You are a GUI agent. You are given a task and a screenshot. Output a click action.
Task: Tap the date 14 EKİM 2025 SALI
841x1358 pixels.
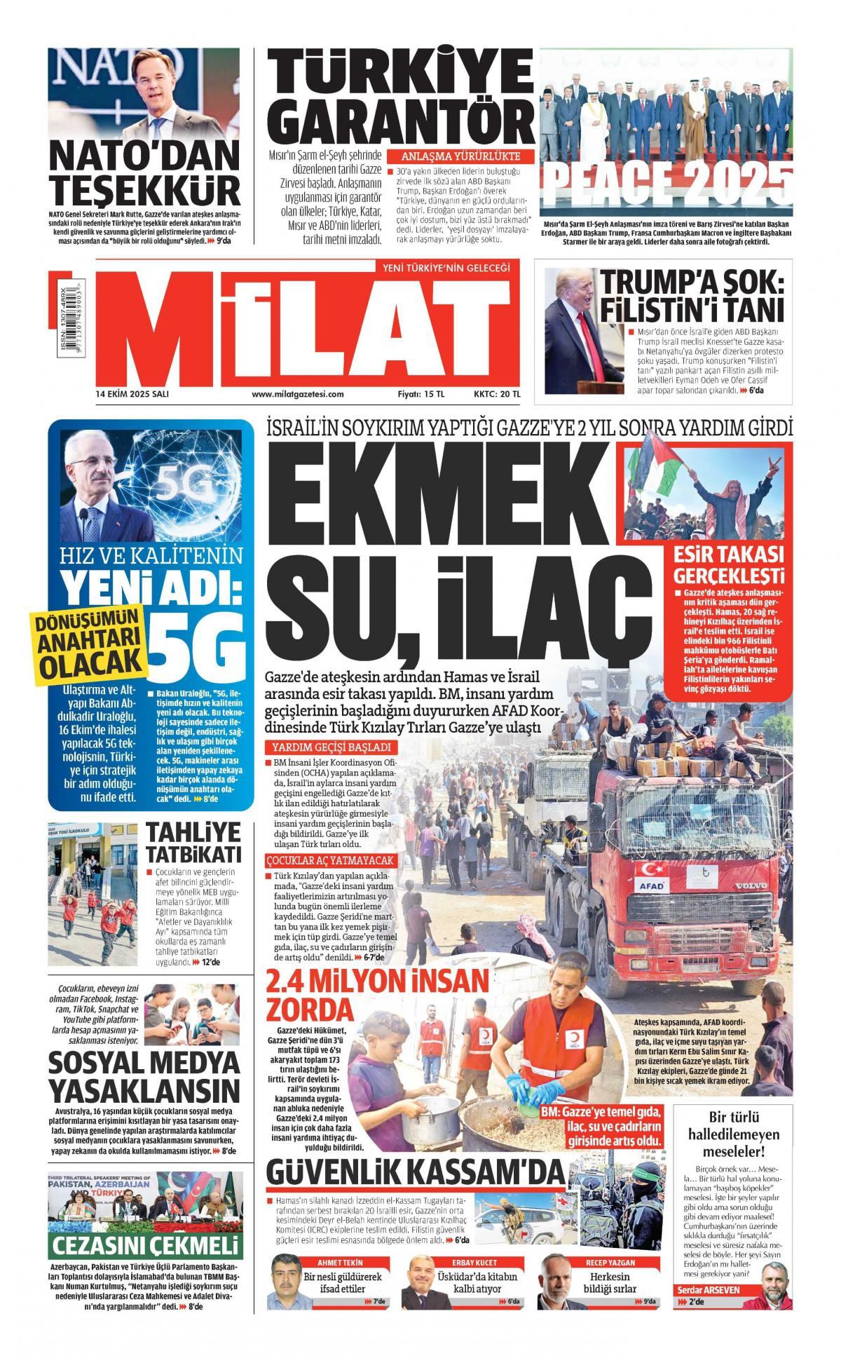[132, 394]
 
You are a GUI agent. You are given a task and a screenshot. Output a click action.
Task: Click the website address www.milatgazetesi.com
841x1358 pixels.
[298, 394]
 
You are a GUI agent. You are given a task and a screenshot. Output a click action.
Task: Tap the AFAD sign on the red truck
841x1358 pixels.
[650, 885]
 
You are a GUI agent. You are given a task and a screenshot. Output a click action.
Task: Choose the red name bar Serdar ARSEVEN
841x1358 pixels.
[708, 1309]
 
